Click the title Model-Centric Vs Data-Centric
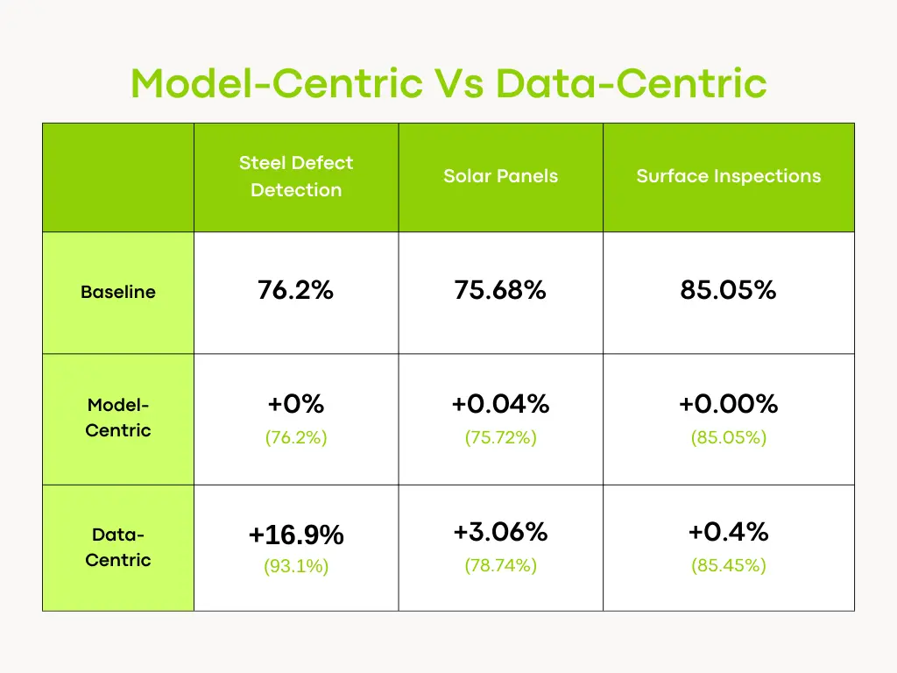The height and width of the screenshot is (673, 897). click(x=448, y=84)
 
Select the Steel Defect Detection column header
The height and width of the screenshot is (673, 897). click(x=296, y=176)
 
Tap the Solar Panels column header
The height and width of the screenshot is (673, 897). click(x=500, y=176)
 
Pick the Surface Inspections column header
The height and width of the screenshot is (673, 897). click(x=728, y=176)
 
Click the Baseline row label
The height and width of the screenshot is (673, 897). click(x=118, y=293)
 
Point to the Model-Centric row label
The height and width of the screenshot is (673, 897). click(x=118, y=418)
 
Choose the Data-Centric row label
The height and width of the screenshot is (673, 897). click(x=118, y=548)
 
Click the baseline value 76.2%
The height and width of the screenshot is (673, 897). click(x=296, y=290)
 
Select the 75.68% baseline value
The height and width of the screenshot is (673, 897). click(x=500, y=290)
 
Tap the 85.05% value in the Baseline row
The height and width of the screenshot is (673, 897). click(x=728, y=290)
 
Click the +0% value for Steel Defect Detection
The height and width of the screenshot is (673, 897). click(x=296, y=404)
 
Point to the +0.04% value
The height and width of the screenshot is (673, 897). click(x=500, y=404)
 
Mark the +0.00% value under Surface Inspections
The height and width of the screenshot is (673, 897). click(x=728, y=404)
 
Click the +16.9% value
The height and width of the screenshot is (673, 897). click(x=296, y=535)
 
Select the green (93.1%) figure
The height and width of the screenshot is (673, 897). click(x=296, y=567)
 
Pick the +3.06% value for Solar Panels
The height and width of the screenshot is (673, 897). click(x=500, y=532)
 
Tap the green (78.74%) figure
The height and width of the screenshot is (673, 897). click(x=500, y=566)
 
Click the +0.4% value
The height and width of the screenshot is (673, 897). click(x=728, y=532)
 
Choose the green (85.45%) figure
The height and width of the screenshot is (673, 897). click(x=728, y=566)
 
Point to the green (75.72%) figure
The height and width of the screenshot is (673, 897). click(x=500, y=437)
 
